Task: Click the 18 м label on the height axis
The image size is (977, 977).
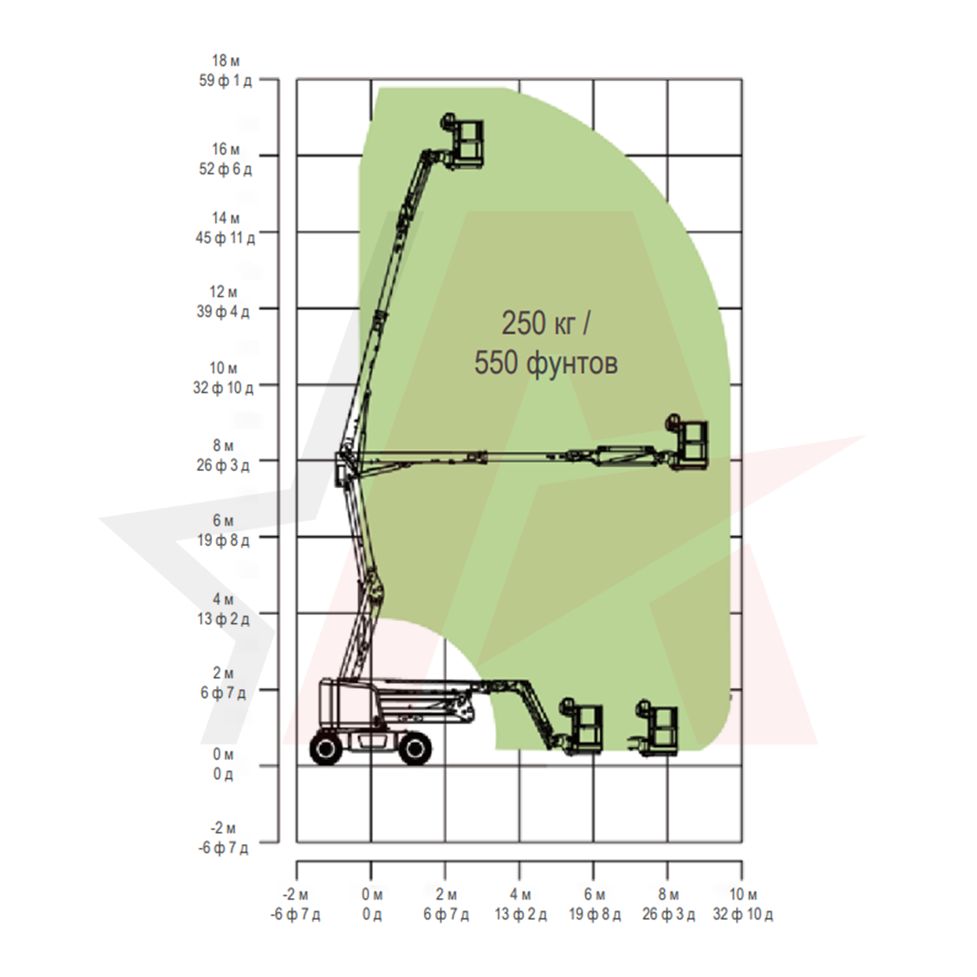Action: click(225, 61)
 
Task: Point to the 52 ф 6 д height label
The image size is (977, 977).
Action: click(225, 169)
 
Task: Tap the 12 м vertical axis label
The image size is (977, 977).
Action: click(224, 292)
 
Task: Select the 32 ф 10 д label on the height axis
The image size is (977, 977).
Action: click(224, 388)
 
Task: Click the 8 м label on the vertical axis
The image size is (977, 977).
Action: click(224, 446)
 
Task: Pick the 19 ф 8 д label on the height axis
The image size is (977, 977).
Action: click(224, 540)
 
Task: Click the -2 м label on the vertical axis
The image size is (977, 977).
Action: click(224, 828)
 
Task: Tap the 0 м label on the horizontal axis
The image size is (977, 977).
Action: click(372, 895)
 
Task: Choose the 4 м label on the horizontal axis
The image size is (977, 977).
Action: click(520, 895)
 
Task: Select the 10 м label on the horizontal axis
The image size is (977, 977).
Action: click(743, 895)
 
